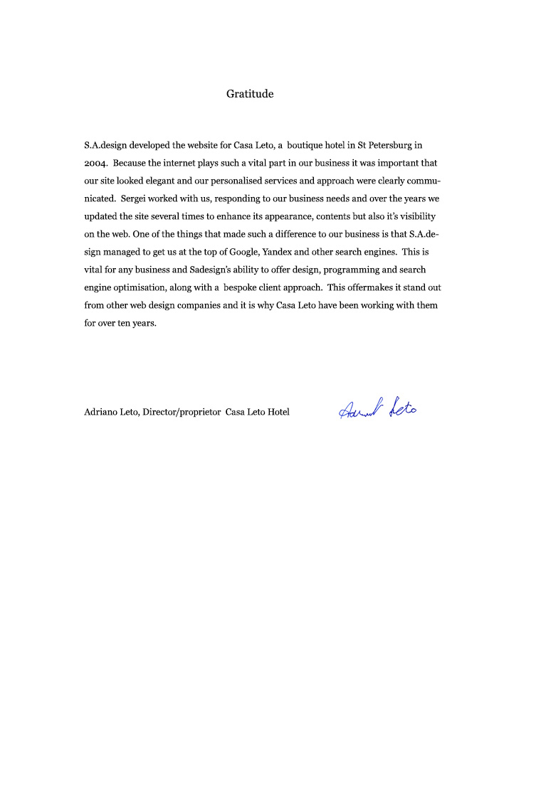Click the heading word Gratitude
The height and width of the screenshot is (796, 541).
[x=250, y=94]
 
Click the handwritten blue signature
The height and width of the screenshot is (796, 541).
[x=378, y=408]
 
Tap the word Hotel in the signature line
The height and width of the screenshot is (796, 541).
[x=278, y=412]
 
